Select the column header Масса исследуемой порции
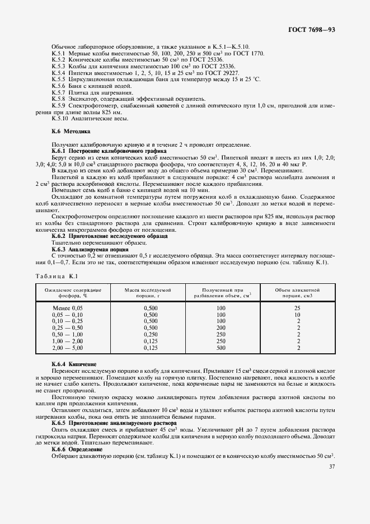tap(147, 293)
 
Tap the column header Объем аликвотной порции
tap(297, 293)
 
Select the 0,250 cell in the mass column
tap(151, 334)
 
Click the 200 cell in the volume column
tap(221, 327)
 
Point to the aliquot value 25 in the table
tap(297, 308)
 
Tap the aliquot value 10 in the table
tap(297, 315)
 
